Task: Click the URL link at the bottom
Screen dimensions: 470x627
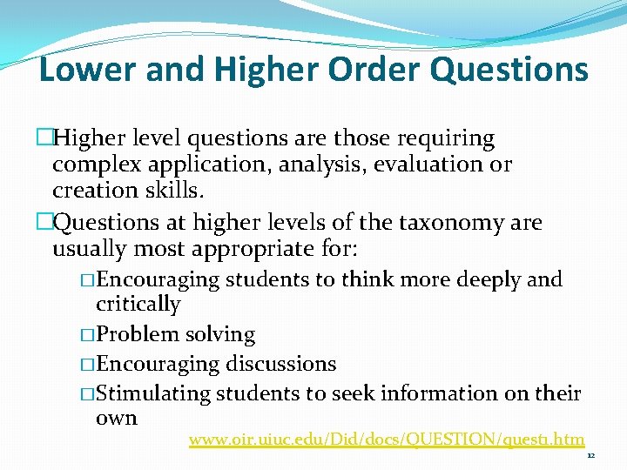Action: (x=387, y=440)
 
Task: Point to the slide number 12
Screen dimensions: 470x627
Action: (x=590, y=455)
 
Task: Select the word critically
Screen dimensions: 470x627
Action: (x=138, y=305)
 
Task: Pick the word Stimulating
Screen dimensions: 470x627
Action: (x=153, y=393)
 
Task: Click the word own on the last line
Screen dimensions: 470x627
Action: (x=116, y=418)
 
